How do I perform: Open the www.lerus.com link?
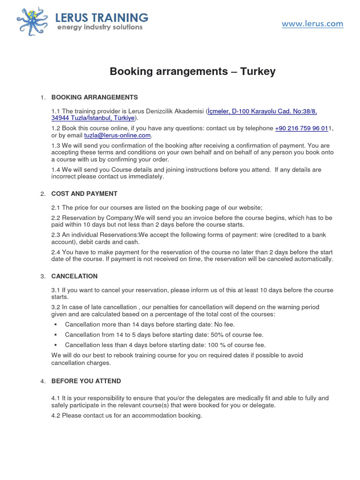click(x=312, y=23)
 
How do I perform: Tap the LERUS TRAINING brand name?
click(x=101, y=17)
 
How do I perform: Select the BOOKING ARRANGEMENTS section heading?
click(x=94, y=97)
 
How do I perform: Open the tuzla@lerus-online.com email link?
click(x=117, y=135)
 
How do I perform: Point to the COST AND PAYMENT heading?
click(x=84, y=194)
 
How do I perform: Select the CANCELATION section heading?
click(x=75, y=276)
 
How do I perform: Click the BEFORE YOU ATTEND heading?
click(x=86, y=381)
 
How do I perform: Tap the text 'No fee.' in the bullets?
click(x=225, y=324)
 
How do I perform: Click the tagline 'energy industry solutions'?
click(x=99, y=28)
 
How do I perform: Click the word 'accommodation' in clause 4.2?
click(x=153, y=415)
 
